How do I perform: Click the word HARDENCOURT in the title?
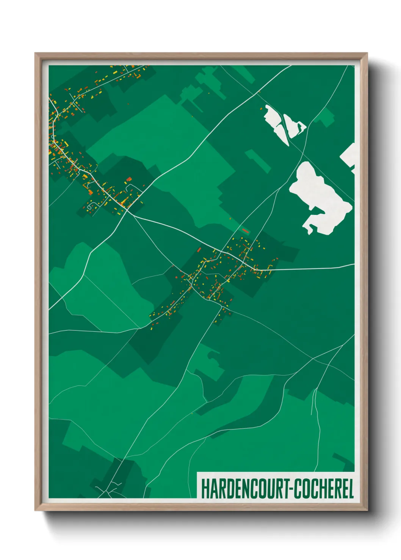point(244,488)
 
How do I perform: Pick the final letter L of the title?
point(351,488)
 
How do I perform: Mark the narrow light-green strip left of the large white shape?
point(258,161)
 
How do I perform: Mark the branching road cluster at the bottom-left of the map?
point(108,488)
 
